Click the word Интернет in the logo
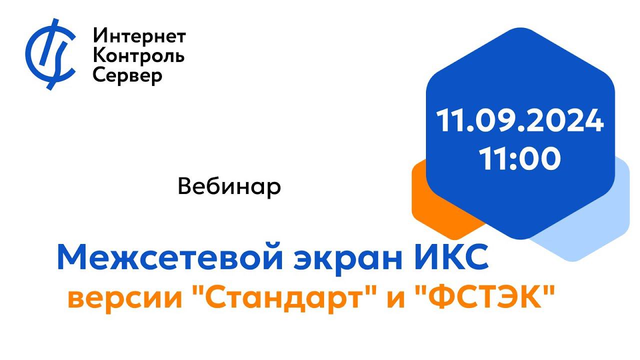coord(139,36)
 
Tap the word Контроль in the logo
coord(139,55)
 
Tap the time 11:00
coord(520,158)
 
